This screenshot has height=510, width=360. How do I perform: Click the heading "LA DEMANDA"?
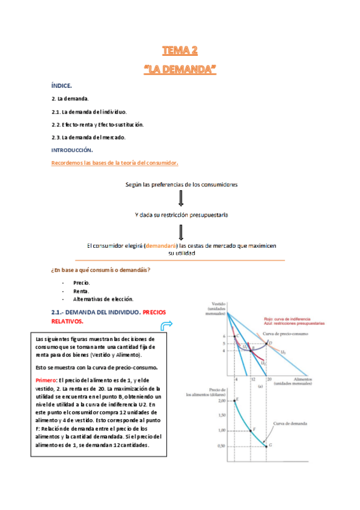coord(180,70)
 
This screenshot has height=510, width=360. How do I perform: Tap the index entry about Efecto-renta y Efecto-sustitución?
coord(97,124)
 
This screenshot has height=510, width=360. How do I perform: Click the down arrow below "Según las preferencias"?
coord(180,198)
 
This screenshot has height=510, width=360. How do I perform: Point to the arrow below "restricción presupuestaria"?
coord(180,231)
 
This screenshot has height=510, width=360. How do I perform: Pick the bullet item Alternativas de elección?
coord(103,298)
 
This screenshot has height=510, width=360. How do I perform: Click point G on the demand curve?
coord(269,445)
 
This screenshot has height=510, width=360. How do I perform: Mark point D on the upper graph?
coord(267,343)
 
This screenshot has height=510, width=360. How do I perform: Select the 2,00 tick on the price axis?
coord(221,399)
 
